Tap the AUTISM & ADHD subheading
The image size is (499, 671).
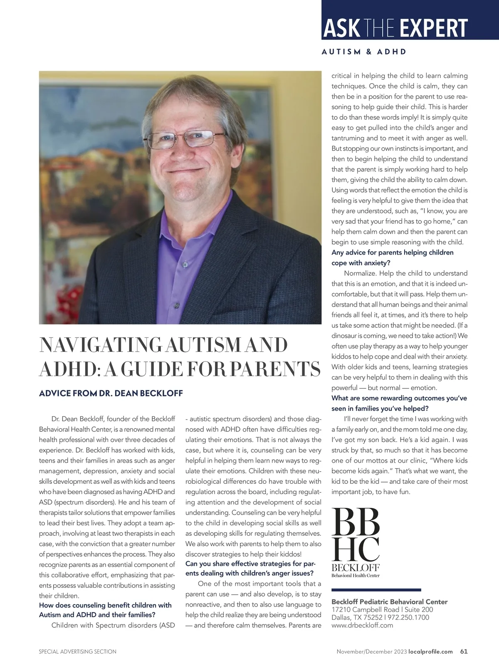[x=364, y=52]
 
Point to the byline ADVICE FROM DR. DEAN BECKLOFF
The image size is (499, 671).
[x=111, y=393]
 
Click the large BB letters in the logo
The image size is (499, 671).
[x=356, y=521]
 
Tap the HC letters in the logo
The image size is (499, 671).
[x=356, y=549]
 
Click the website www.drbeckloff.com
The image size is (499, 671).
[x=362, y=625]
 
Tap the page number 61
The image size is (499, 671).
[x=464, y=651]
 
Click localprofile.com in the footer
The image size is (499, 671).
[x=430, y=651]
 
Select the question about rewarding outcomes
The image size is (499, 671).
[x=399, y=403]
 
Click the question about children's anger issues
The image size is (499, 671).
[x=250, y=569]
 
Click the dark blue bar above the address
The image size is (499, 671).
[x=376, y=590]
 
